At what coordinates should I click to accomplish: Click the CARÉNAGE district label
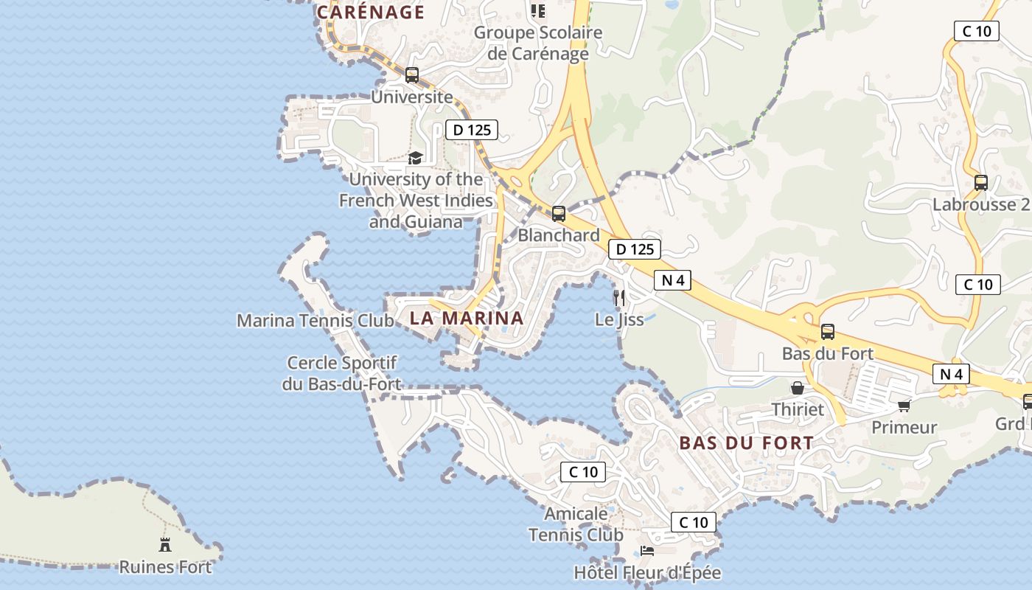pyautogui.click(x=371, y=12)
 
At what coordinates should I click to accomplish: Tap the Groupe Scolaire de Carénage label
pyautogui.click(x=538, y=43)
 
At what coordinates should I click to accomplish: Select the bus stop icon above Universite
pyautogui.click(x=412, y=74)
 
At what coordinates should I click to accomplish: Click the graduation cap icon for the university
pyautogui.click(x=415, y=158)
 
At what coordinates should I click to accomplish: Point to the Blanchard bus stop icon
pyautogui.click(x=559, y=214)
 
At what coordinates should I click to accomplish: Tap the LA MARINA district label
pyautogui.click(x=467, y=319)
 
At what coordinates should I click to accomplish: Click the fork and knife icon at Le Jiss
pyautogui.click(x=619, y=297)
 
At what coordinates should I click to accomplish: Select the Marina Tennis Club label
pyautogui.click(x=315, y=321)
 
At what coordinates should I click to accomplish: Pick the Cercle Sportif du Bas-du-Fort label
pyautogui.click(x=342, y=373)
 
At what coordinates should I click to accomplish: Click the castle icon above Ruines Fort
pyautogui.click(x=165, y=545)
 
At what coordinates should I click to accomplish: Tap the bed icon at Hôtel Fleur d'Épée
pyautogui.click(x=646, y=551)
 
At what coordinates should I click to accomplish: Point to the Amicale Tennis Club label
pyautogui.click(x=576, y=524)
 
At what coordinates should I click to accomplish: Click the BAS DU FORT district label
pyautogui.click(x=747, y=443)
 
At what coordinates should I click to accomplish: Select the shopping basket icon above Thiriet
pyautogui.click(x=798, y=388)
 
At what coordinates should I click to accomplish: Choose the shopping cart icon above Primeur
pyautogui.click(x=904, y=405)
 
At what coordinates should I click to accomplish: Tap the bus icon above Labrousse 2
pyautogui.click(x=981, y=182)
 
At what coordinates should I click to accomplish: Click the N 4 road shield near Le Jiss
pyautogui.click(x=672, y=280)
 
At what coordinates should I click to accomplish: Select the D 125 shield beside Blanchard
pyautogui.click(x=635, y=249)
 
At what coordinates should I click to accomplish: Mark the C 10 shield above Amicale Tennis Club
pyautogui.click(x=583, y=472)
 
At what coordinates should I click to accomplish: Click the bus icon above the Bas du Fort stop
pyautogui.click(x=828, y=332)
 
